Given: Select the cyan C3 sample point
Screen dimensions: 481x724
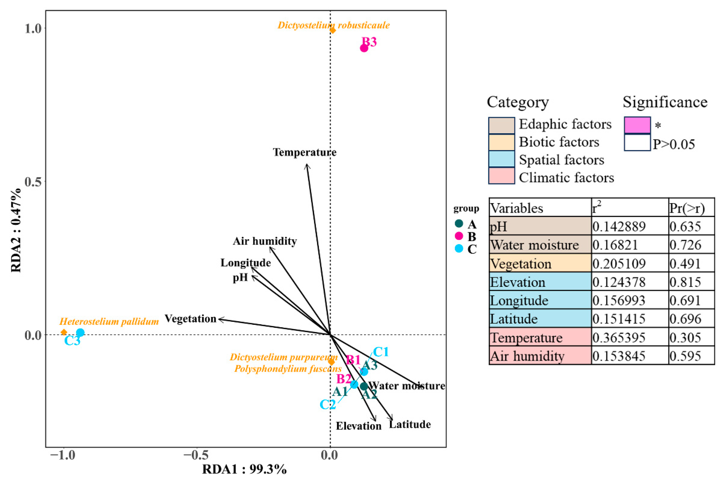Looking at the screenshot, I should click(80, 332).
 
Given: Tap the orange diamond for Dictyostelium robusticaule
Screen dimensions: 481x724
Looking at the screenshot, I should click(333, 30).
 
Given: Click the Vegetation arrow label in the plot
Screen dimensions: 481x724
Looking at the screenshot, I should click(191, 319).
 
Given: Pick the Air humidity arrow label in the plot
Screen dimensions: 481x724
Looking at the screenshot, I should click(265, 241).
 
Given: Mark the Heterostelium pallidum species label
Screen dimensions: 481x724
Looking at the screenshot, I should click(109, 321).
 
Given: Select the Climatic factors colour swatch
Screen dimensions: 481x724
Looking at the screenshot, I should click(501, 176).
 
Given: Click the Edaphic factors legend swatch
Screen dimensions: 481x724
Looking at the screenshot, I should click(501, 125).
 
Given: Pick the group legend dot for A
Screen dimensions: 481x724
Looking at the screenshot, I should click(459, 224).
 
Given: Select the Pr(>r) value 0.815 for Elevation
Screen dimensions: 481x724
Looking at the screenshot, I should click(685, 282).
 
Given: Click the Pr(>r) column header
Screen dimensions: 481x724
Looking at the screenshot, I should click(687, 208).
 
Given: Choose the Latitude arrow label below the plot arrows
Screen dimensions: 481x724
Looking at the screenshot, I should click(410, 425).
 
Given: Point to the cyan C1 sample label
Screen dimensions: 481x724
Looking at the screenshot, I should click(381, 352).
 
